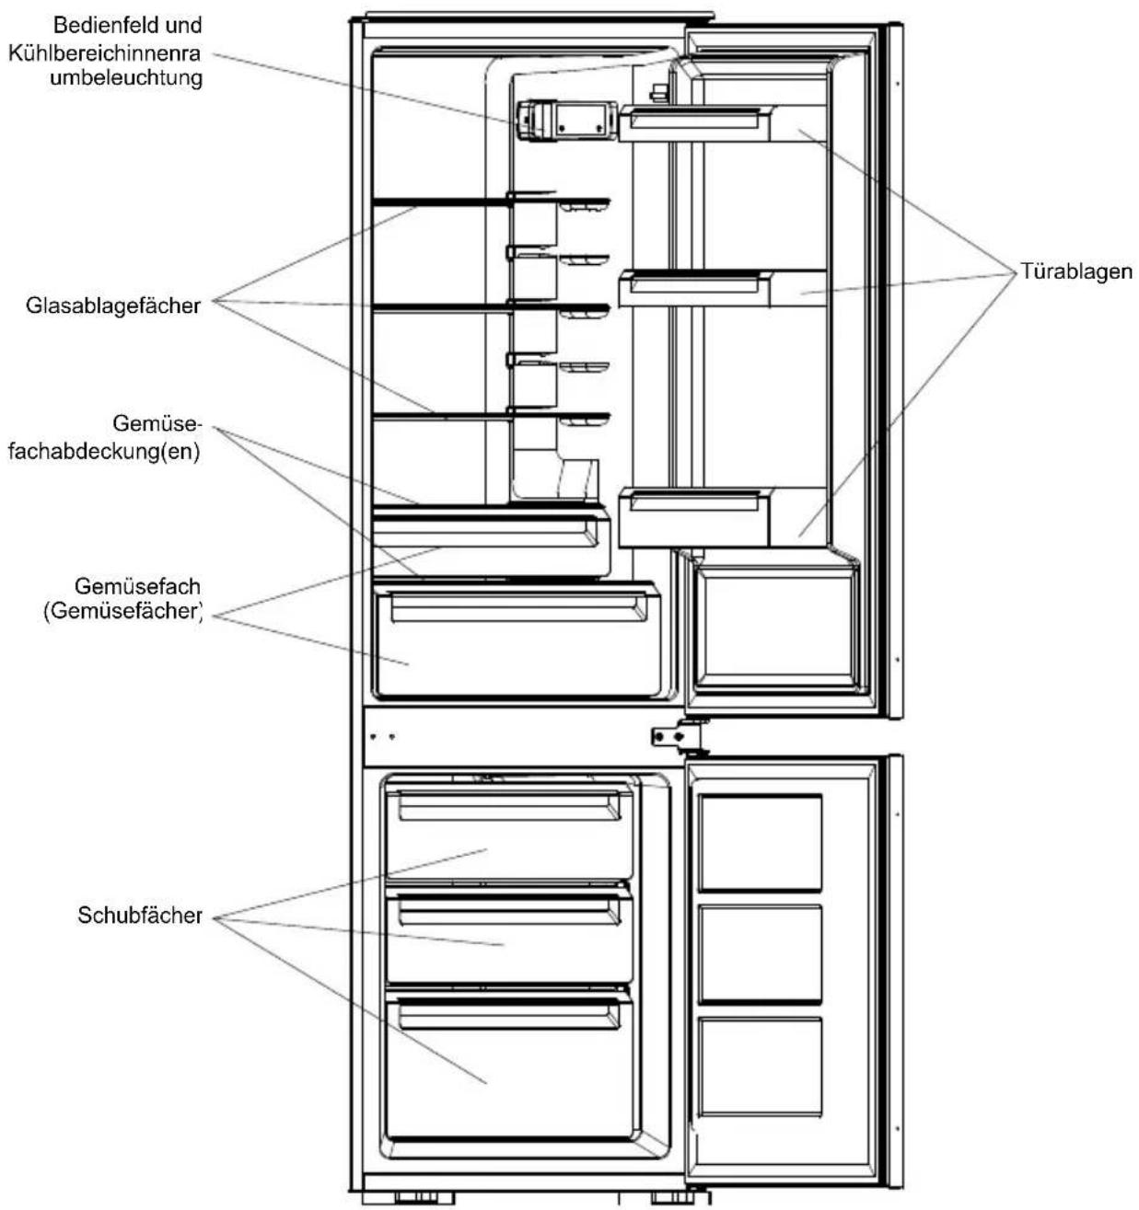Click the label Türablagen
pyautogui.click(x=1076, y=271)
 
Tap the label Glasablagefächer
pyautogui.click(x=113, y=305)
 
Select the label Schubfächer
pyautogui.click(x=140, y=916)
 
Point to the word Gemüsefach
pyautogui.click(x=137, y=586)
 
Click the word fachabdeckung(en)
pyautogui.click(x=104, y=452)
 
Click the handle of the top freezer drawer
pyautogui.click(x=510, y=807)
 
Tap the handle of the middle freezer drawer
pyautogui.click(x=510, y=912)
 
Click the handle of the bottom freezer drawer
pyautogui.click(x=510, y=1016)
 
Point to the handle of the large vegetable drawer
pyautogui.click(x=519, y=606)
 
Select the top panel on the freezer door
pyautogui.click(x=761, y=843)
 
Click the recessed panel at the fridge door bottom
pyautogui.click(x=777, y=628)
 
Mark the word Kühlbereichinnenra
pyautogui.click(x=104, y=53)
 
